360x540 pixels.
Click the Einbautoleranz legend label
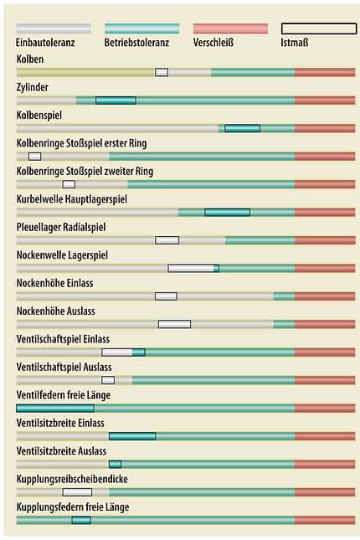(45, 43)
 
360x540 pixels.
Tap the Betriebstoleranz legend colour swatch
(142, 28)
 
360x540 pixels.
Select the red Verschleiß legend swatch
(230, 28)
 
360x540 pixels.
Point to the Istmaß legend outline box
(319, 28)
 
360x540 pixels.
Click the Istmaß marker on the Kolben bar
(162, 72)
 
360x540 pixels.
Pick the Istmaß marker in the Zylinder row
(116, 100)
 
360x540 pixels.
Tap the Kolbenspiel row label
(39, 115)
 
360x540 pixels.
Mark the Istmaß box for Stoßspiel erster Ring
(35, 157)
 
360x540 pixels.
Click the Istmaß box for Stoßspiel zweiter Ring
(69, 184)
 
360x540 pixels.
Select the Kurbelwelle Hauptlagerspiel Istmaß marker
(228, 212)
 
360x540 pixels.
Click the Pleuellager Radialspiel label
(61, 227)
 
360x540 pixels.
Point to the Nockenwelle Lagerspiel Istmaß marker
(193, 268)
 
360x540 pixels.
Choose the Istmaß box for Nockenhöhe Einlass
(166, 296)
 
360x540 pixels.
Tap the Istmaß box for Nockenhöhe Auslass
(174, 324)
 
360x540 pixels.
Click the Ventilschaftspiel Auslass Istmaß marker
(108, 380)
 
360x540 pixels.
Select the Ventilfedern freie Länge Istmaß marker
(55, 409)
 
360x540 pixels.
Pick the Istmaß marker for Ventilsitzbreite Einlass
(132, 436)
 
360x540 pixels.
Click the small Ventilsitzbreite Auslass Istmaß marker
(115, 465)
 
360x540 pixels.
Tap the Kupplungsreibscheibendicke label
(72, 479)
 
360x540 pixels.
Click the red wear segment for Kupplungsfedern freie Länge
(325, 520)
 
